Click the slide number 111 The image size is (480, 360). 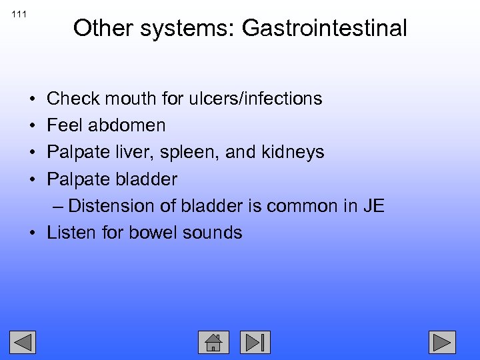click(x=19, y=14)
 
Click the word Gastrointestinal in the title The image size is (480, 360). click(x=324, y=28)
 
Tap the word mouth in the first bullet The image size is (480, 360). click(x=118, y=99)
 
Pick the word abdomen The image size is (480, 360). click(x=126, y=125)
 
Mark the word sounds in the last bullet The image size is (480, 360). click(x=215, y=233)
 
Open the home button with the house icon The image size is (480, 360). click(x=213, y=342)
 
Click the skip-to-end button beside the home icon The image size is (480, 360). click(x=255, y=342)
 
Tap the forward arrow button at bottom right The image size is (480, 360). click(x=442, y=342)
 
